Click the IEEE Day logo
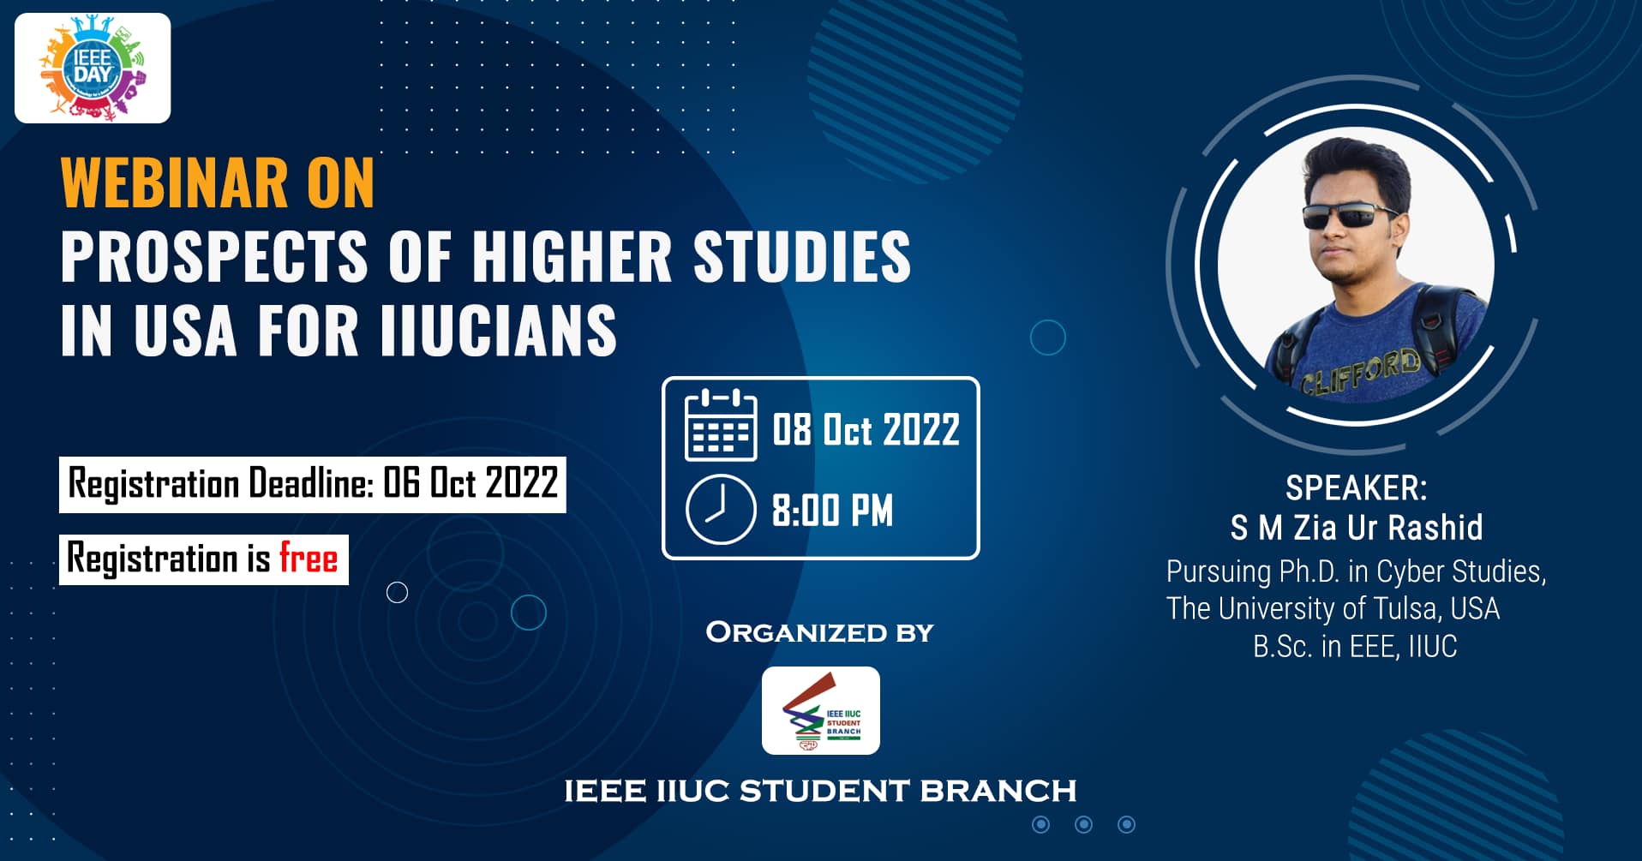(93, 69)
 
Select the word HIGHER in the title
(572, 256)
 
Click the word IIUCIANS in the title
(498, 331)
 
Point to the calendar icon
(721, 425)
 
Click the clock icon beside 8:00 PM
(721, 510)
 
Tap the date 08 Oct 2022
(866, 429)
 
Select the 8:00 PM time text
(832, 511)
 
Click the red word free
(309, 559)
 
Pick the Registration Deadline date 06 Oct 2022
(470, 483)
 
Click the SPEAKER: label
(1357, 488)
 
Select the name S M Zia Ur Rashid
(1357, 528)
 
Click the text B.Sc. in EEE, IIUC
(1355, 646)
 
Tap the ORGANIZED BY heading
(820, 632)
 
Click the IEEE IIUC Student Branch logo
(821, 710)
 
